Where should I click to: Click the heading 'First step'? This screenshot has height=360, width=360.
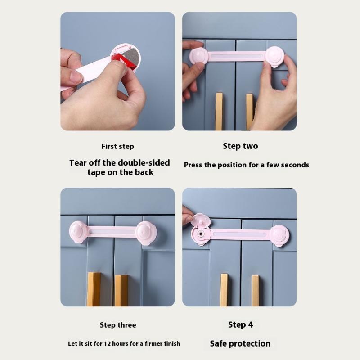pyautogui.click(x=118, y=147)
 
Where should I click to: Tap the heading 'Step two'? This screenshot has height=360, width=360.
pyautogui.click(x=240, y=146)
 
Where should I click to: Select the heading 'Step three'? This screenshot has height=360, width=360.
pyautogui.click(x=118, y=325)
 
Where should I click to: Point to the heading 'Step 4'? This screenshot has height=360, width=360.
pyautogui.click(x=240, y=324)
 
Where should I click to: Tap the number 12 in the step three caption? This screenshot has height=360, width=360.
pyautogui.click(x=107, y=344)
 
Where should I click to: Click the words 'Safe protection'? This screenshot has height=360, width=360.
pyautogui.click(x=240, y=343)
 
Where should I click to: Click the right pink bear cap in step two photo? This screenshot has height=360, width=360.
pyautogui.click(x=275, y=57)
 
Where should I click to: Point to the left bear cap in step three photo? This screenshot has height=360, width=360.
pyautogui.click(x=78, y=232)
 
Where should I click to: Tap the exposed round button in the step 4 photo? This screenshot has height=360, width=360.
pyautogui.click(x=201, y=234)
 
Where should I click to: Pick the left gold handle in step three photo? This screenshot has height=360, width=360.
pyautogui.click(x=94, y=289)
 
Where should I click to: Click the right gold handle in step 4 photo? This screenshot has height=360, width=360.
pyautogui.click(x=255, y=290)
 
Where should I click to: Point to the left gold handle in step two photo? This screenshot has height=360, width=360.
pyautogui.click(x=219, y=112)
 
